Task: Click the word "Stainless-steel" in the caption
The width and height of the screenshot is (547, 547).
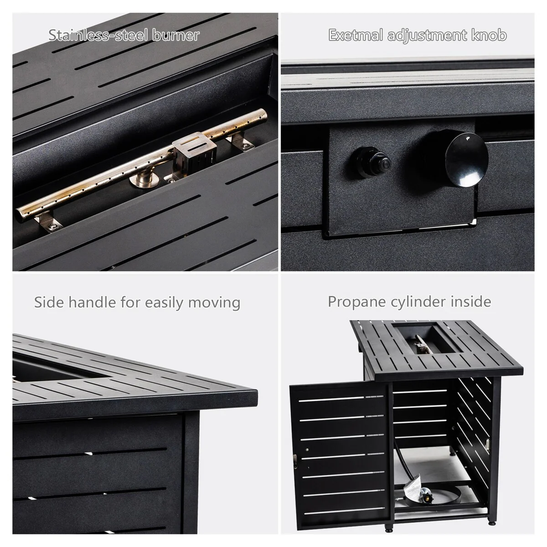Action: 98,35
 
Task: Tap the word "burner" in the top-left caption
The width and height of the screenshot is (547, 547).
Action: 175,35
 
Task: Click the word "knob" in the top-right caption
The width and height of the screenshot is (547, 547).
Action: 489,35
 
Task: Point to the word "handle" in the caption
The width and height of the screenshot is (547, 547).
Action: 92,302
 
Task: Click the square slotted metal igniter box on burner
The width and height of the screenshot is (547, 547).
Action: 194,153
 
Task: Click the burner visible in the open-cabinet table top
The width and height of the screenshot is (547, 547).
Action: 421,344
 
